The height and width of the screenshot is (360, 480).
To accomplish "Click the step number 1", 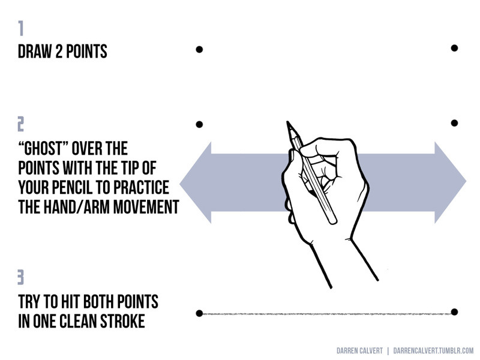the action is [20, 28].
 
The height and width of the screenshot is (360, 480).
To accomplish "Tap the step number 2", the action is [20, 124].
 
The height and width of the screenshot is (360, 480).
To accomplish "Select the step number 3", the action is [20, 277].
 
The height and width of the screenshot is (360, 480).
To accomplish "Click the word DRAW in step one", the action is [35, 52].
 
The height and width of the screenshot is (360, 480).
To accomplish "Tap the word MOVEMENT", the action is [146, 206].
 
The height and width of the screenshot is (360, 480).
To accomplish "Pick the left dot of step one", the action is [199, 49].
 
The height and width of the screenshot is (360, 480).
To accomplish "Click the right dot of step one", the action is [454, 48].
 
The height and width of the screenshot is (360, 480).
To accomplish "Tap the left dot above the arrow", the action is [199, 124].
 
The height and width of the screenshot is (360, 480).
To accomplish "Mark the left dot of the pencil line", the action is [199, 313].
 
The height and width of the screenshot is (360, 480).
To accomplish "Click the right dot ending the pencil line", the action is [454, 312].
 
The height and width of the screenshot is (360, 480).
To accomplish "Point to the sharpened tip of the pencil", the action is [287, 122].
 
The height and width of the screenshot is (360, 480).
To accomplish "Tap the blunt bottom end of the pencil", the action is [332, 220].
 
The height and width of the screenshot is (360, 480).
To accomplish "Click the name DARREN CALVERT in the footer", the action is [359, 351].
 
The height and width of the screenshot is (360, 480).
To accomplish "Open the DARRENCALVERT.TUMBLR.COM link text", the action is [433, 351].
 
